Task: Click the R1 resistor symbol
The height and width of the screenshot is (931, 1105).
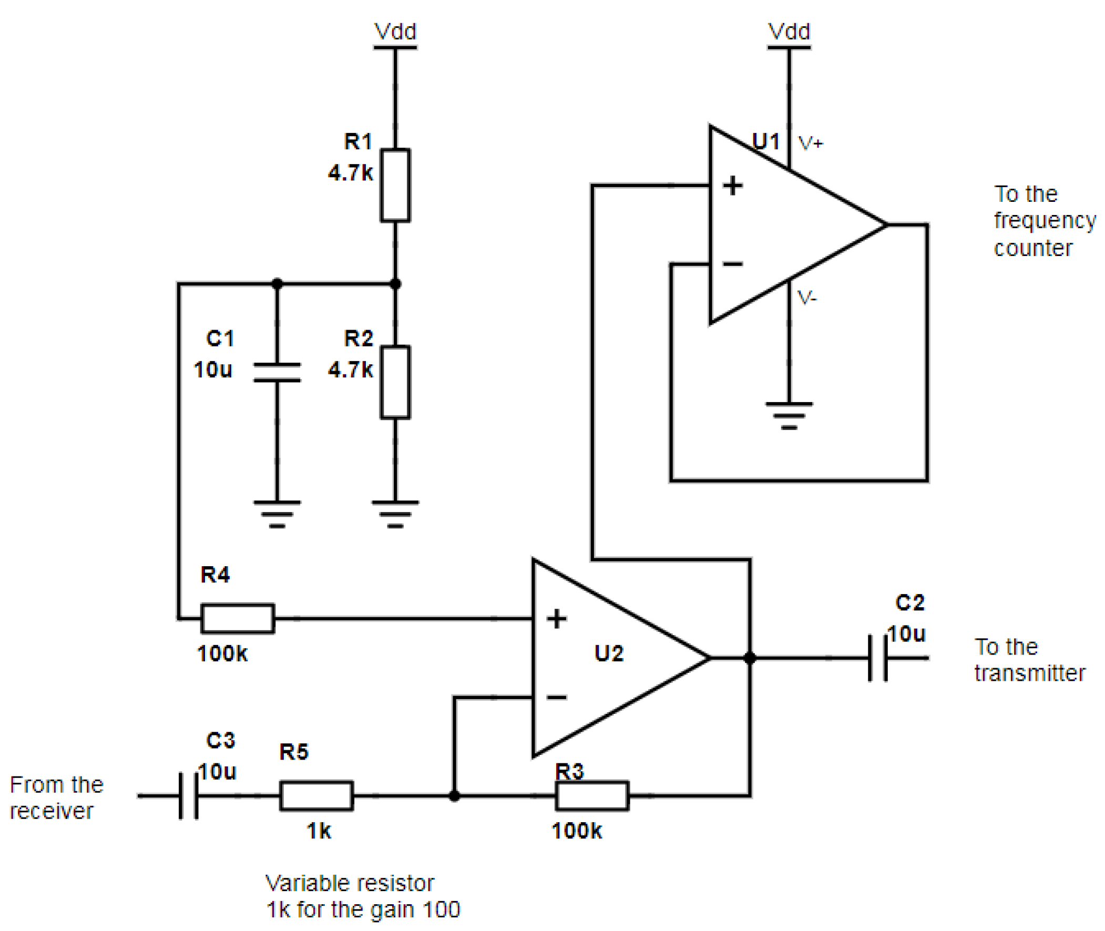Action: pyautogui.click(x=395, y=185)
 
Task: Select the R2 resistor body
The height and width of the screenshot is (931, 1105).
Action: pyautogui.click(x=395, y=383)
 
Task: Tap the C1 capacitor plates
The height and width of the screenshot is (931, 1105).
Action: pyautogui.click(x=277, y=372)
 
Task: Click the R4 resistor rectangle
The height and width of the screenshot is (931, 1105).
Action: pyautogui.click(x=238, y=618)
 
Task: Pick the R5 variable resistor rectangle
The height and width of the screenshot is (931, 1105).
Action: pyautogui.click(x=316, y=795)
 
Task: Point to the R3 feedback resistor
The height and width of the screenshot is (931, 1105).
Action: pyautogui.click(x=592, y=795)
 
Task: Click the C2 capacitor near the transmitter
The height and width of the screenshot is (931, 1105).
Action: pyautogui.click(x=878, y=658)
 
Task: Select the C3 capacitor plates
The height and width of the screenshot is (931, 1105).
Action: pyautogui.click(x=188, y=795)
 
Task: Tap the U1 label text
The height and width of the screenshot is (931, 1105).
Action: pyautogui.click(x=765, y=141)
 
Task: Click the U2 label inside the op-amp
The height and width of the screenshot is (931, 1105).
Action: pyautogui.click(x=608, y=653)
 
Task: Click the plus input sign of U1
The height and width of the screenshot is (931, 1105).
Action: pyautogui.click(x=732, y=185)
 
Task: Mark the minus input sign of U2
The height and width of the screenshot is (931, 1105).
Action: pyautogui.click(x=556, y=697)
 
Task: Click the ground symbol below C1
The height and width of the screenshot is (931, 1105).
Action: pyautogui.click(x=277, y=514)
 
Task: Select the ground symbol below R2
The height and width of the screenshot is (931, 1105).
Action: pyautogui.click(x=395, y=514)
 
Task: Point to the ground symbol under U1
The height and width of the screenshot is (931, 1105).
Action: pyautogui.click(x=789, y=416)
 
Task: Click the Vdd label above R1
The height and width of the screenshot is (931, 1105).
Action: pyautogui.click(x=395, y=32)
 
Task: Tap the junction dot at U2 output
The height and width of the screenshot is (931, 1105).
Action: pyautogui.click(x=749, y=658)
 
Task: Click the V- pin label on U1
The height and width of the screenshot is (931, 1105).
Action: pyautogui.click(x=807, y=298)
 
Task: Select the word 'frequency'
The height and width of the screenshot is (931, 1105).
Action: pyautogui.click(x=1045, y=221)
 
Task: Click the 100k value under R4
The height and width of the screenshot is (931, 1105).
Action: pyautogui.click(x=222, y=653)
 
